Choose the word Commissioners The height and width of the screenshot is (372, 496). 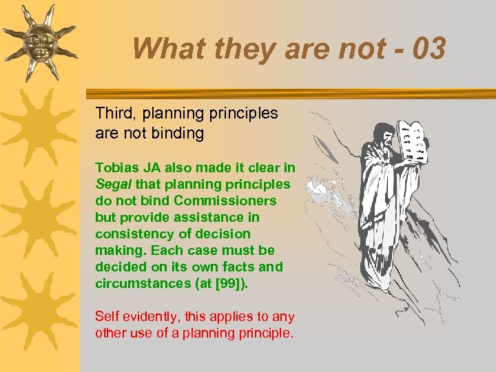click(225, 200)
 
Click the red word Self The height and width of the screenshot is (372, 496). click(107, 317)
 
